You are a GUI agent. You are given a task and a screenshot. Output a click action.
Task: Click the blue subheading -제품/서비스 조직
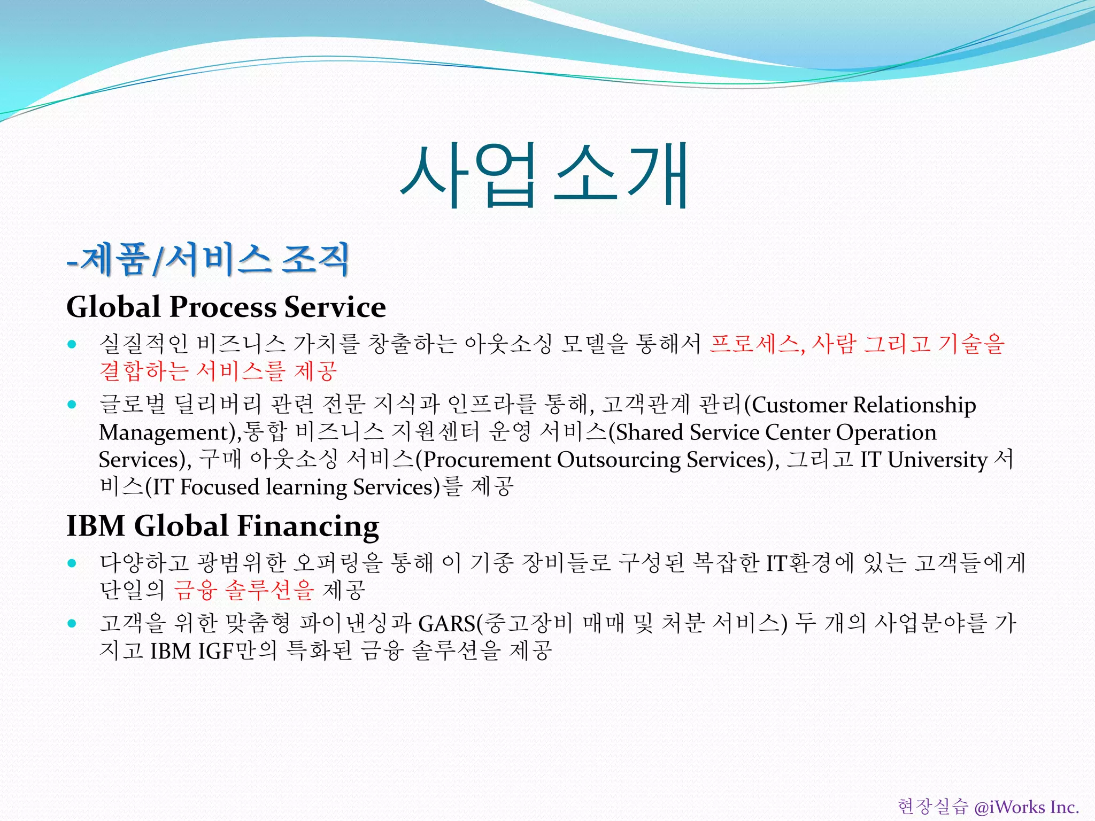pos(208,259)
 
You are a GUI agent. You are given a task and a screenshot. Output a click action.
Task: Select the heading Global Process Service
pos(226,307)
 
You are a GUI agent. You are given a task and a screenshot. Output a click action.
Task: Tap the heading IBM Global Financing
pos(222,526)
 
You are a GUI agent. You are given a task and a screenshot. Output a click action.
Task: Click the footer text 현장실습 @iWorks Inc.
pos(988,807)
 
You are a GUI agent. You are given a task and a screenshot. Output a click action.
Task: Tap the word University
pos(937,460)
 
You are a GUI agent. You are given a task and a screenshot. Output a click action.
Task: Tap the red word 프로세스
pos(754,344)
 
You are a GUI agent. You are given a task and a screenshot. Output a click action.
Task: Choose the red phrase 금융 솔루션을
pos(244,590)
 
